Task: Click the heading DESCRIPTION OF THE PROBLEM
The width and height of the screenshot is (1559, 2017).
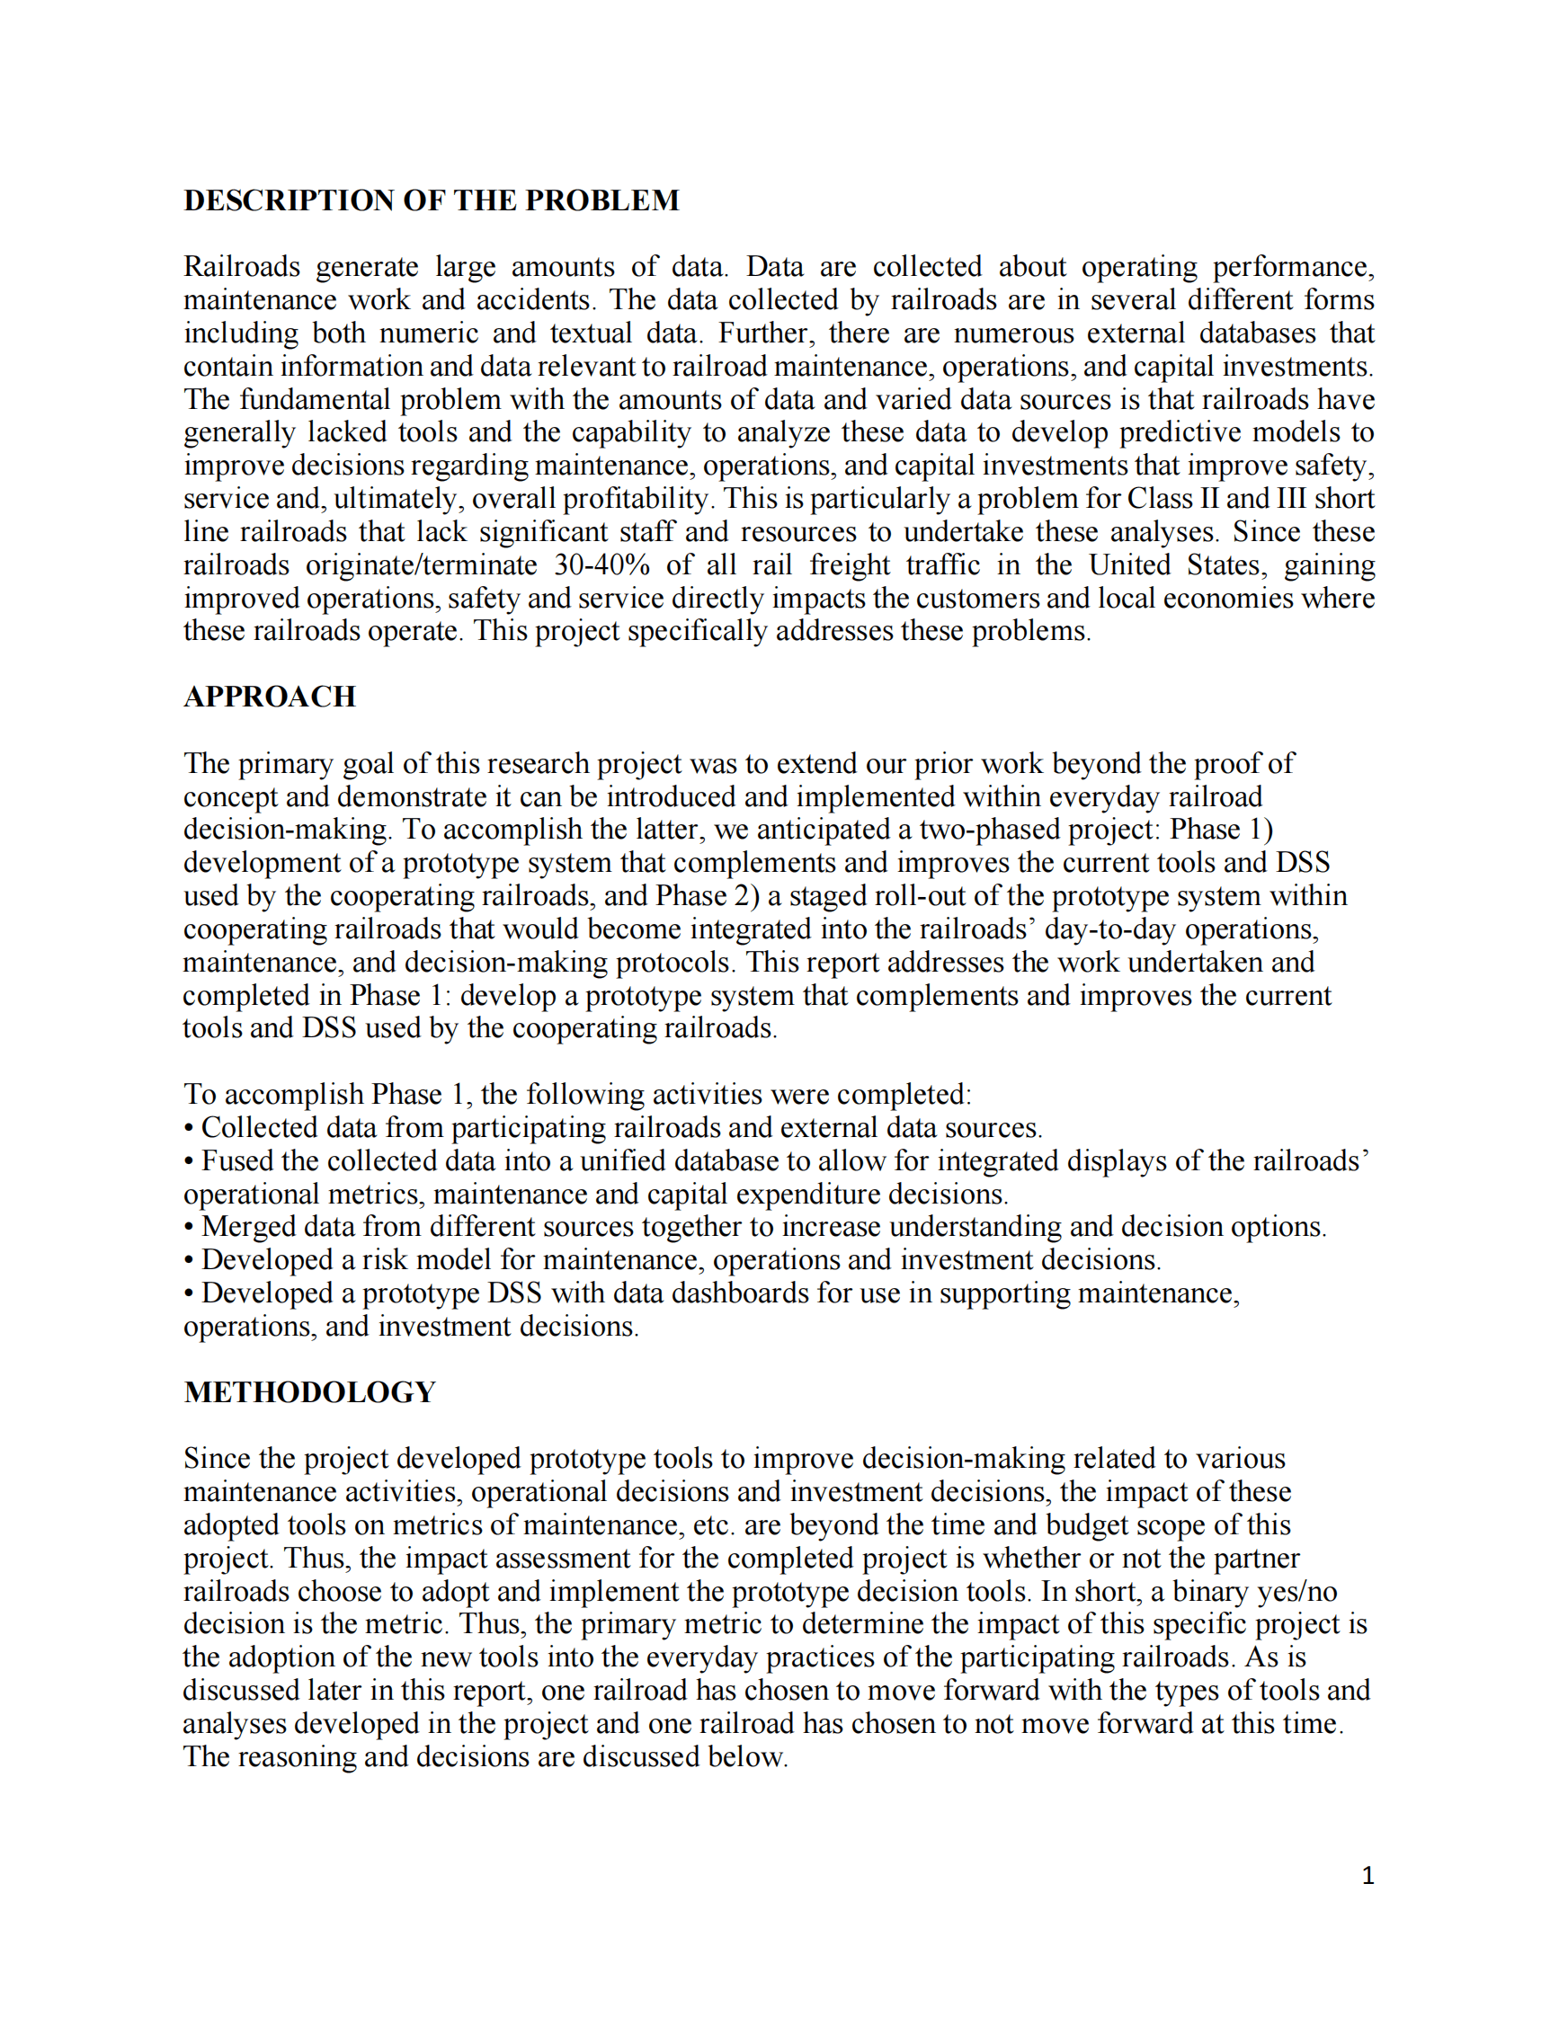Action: [x=432, y=200]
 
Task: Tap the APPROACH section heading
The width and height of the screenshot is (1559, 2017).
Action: [x=270, y=697]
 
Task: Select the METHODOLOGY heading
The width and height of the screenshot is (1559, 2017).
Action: [x=309, y=1391]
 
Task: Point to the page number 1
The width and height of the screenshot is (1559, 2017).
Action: [x=1367, y=1876]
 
